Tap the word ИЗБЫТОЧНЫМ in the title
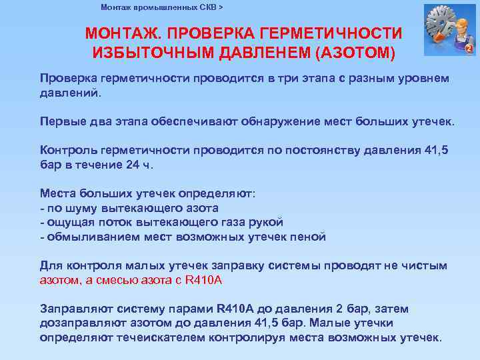[146, 51]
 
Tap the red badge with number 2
[468, 49]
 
